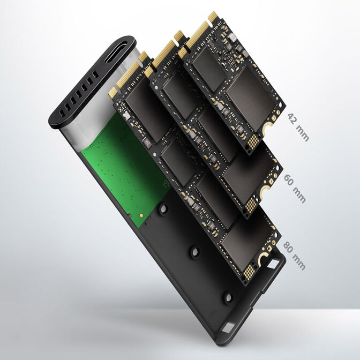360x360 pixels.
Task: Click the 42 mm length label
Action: click(x=298, y=127)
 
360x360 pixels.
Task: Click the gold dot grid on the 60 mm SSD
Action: click(x=250, y=204)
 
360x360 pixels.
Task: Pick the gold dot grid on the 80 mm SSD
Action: click(x=249, y=271)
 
